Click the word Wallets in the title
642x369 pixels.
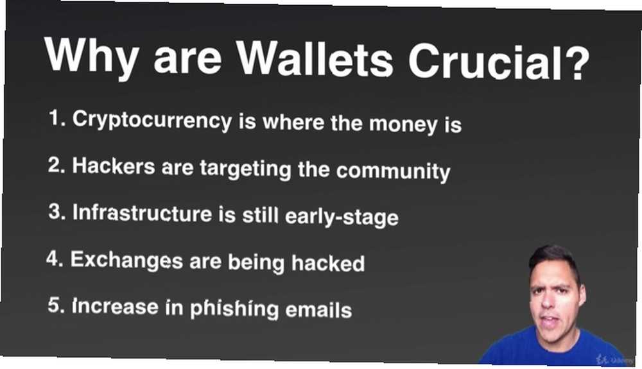pyautogui.click(x=315, y=58)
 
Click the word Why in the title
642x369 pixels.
pyautogui.click(x=91, y=56)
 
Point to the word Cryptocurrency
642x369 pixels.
pyautogui.click(x=152, y=120)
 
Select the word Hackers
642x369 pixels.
pyautogui.click(x=114, y=166)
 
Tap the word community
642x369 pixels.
pyautogui.click(x=393, y=171)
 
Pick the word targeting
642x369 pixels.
pyautogui.click(x=246, y=169)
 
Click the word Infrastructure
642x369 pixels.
pyautogui.click(x=143, y=212)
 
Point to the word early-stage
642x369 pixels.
pyautogui.click(x=342, y=217)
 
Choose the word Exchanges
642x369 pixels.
pyautogui.click(x=126, y=260)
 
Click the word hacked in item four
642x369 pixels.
pyautogui.click(x=328, y=263)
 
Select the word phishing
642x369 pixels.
pyautogui.click(x=234, y=309)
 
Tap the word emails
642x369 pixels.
pyautogui.click(x=318, y=310)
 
